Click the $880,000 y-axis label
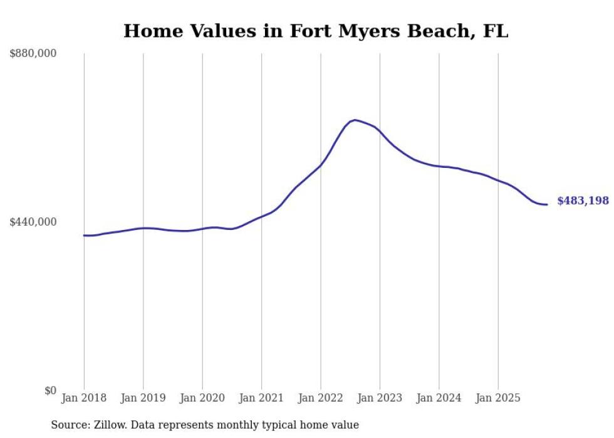(33, 54)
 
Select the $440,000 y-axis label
(33, 222)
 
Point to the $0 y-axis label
(50, 390)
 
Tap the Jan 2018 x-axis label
(84, 398)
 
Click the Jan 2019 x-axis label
(143, 398)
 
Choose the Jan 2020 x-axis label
(202, 398)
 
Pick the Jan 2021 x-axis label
(261, 398)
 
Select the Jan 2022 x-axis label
(321, 398)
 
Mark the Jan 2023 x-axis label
(380, 398)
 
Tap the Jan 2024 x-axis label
(439, 398)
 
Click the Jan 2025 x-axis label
(498, 398)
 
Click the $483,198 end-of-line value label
(583, 201)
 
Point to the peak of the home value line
(355, 120)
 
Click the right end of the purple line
(547, 204)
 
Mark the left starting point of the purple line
(84, 236)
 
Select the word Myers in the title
(367, 31)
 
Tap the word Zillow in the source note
(108, 425)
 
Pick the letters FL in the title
(496, 31)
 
